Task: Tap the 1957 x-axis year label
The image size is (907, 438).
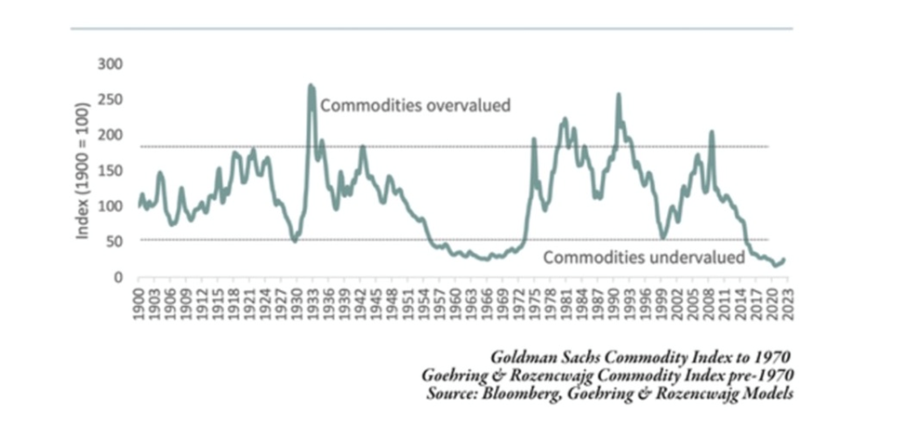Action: (437, 304)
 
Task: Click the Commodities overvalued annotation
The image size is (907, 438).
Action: (416, 105)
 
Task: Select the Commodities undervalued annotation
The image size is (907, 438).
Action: (644, 257)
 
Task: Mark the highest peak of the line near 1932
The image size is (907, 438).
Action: (311, 86)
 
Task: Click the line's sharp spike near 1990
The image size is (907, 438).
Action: (619, 95)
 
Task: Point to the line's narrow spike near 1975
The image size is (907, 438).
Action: (534, 139)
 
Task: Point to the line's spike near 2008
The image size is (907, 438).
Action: (712, 133)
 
